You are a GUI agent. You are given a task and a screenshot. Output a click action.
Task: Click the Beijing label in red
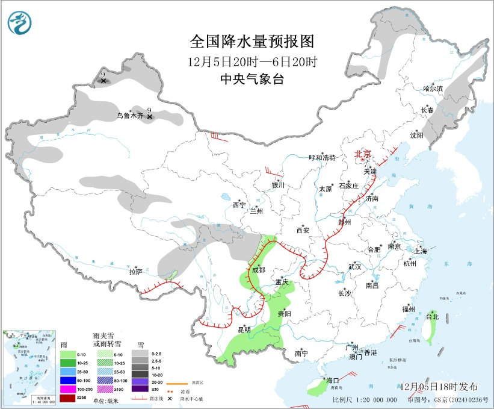(363, 154)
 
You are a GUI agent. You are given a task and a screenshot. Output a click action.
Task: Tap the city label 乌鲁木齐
(130, 115)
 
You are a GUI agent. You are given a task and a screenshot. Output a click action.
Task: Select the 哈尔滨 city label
(433, 89)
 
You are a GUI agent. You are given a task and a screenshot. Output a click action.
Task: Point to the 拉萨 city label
(135, 272)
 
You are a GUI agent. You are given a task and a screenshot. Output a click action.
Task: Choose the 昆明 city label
(244, 329)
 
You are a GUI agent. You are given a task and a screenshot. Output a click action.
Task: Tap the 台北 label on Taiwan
(433, 316)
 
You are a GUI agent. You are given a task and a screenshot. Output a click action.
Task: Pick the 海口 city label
(333, 380)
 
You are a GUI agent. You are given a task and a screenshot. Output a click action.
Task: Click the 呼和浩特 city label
(322, 157)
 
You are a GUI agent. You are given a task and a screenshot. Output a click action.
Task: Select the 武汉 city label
(354, 266)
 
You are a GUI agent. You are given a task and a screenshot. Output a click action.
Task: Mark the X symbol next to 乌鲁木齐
(149, 117)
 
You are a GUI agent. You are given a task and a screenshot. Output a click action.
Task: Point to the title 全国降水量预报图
(252, 42)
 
